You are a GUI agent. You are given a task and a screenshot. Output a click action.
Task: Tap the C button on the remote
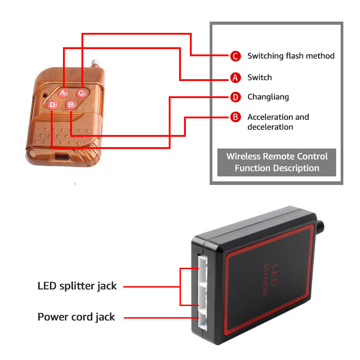point(81,93)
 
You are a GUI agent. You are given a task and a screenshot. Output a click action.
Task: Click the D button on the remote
point(52,105)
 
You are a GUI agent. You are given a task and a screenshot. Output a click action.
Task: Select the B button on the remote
point(71,104)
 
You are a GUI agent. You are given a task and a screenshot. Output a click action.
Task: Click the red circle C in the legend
point(235,56)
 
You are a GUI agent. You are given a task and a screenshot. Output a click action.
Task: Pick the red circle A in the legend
point(235,77)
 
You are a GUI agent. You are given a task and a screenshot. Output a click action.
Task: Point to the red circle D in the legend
point(235,97)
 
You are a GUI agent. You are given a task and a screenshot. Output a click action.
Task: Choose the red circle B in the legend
point(235,117)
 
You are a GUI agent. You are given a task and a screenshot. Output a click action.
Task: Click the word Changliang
point(268,97)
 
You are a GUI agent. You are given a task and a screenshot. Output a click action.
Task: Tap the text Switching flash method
point(291,56)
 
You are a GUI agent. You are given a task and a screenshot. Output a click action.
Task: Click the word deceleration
point(270,127)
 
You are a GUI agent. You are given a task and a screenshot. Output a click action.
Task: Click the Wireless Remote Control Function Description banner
point(277,162)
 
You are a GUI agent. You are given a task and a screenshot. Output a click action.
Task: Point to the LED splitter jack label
point(77,286)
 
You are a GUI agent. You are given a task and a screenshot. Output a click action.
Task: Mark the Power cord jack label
point(76,317)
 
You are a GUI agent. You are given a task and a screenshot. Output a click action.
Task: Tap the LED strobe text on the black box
point(270,279)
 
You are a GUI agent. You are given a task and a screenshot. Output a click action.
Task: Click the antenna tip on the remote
point(95,63)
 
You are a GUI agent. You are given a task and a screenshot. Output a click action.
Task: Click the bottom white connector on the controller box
point(202,318)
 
